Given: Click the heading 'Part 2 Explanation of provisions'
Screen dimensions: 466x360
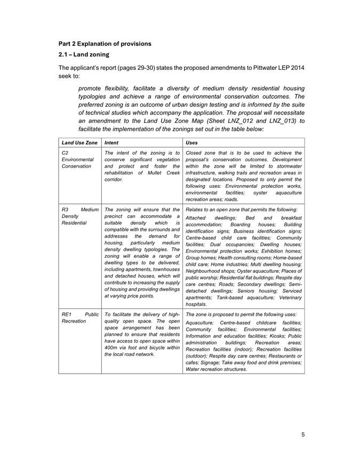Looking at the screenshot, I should pos(105,43).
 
